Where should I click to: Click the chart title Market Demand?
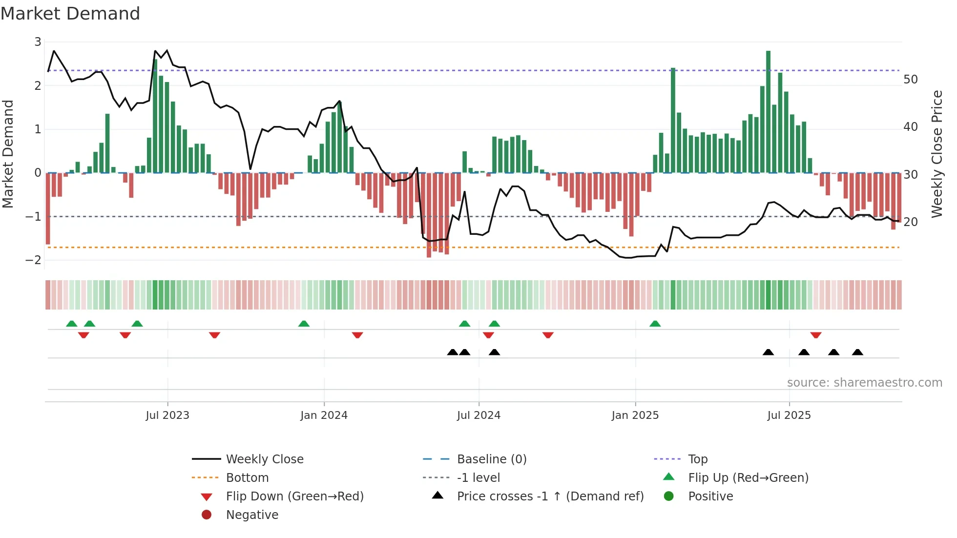70,13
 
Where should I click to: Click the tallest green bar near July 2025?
768,112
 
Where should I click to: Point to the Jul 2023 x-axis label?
167,415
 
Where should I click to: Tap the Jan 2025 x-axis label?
635,415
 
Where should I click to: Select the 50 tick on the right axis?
910,80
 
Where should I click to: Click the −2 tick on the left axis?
33,260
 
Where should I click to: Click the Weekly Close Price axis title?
936,154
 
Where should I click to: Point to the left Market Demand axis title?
8,154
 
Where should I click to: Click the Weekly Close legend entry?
264,459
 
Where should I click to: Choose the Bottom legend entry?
247,478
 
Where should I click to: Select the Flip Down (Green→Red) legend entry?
294,497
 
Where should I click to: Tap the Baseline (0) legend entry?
491,459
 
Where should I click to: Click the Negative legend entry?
252,515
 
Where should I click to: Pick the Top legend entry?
697,459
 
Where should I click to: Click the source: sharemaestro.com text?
864,383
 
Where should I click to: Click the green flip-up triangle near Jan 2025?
655,324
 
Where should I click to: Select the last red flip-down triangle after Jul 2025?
815,335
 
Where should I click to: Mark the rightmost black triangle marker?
857,352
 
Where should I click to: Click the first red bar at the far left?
48,208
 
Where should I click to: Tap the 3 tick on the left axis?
38,42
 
